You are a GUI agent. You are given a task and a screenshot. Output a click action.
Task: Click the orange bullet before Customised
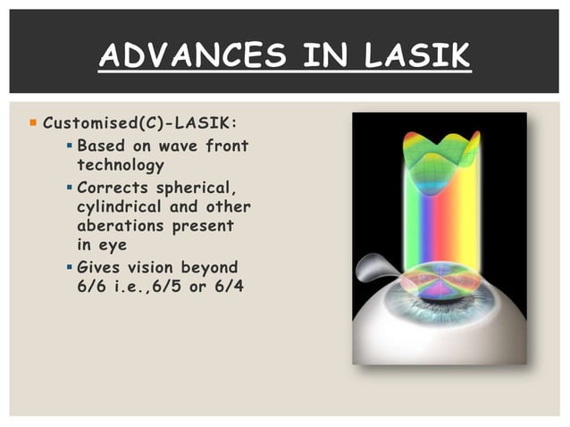coord(33,121)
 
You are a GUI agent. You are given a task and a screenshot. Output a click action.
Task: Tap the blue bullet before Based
coord(70,144)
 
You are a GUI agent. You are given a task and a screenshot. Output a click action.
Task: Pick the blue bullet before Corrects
coord(70,187)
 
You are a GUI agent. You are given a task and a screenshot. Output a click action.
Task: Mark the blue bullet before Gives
coord(70,267)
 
